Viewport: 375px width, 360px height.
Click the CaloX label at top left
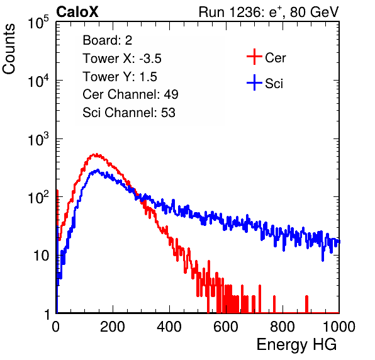(77, 12)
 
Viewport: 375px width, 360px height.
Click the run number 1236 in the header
(245, 12)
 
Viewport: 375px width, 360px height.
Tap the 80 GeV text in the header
(315, 12)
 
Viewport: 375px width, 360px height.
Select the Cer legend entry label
(275, 58)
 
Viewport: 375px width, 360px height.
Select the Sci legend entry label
(274, 84)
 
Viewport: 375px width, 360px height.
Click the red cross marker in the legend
(254, 57)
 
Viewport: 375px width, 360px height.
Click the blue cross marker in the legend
(254, 82)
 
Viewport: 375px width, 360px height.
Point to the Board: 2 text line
(108, 40)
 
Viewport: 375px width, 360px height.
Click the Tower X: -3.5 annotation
(122, 59)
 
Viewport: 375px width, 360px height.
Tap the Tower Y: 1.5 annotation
(120, 77)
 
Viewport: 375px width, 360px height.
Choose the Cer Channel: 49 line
(130, 94)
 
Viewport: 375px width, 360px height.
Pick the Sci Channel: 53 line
(129, 113)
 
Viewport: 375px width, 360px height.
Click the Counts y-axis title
(9, 49)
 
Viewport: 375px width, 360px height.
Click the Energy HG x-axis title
(296, 345)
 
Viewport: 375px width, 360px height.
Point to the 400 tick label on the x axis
(169, 327)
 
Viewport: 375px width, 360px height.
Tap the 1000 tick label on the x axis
(339, 327)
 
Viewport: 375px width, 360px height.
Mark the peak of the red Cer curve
(96, 155)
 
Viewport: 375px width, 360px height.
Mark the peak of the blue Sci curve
(98, 170)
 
